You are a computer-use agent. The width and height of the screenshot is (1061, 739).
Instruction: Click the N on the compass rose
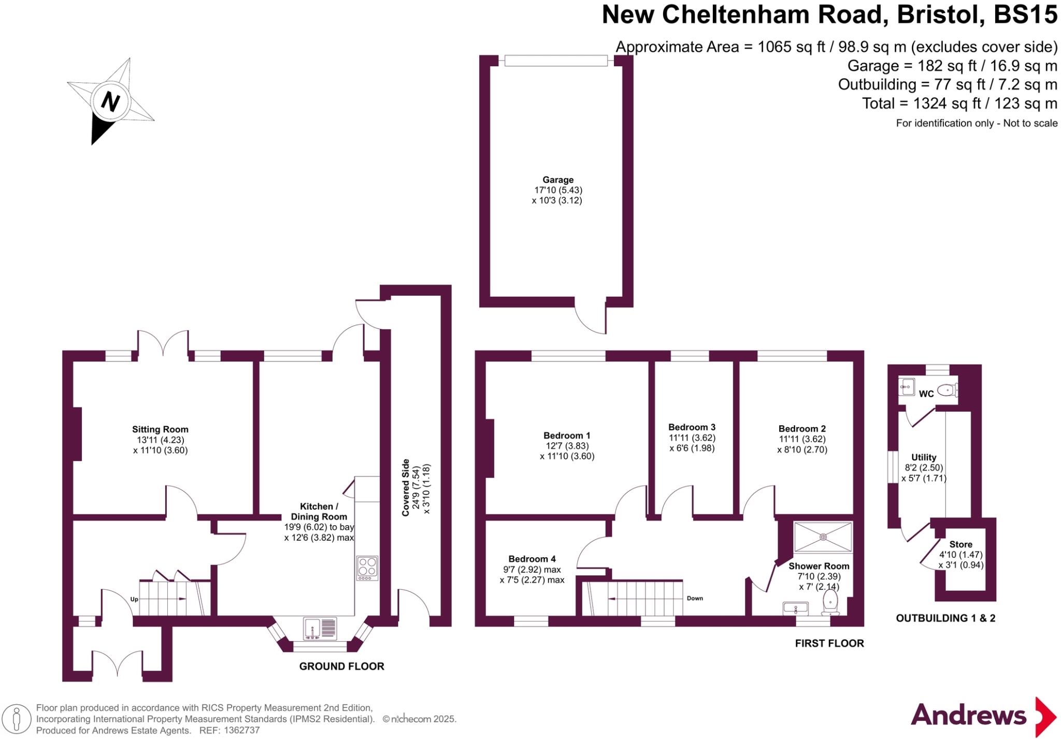pos(110,101)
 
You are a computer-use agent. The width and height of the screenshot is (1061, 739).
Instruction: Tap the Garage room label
pos(557,180)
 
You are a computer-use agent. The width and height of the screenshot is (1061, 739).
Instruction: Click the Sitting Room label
pos(160,429)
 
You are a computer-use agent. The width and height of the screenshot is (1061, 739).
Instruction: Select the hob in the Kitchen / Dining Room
pos(367,568)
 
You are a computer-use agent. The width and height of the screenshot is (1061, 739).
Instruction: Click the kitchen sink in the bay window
pos(320,629)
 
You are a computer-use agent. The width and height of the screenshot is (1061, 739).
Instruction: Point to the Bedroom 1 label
pos(567,436)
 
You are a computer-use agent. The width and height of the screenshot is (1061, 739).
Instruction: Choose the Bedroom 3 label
pos(692,427)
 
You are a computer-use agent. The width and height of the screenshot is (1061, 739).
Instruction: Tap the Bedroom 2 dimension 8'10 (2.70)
pos(802,450)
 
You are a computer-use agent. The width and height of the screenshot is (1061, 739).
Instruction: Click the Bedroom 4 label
pos(532,559)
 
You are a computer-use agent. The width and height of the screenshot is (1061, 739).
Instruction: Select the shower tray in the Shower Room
pos(823,537)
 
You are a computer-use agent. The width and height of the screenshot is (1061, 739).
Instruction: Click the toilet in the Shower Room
pos(830,603)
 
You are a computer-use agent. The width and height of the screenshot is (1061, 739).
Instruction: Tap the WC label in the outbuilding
pos(926,394)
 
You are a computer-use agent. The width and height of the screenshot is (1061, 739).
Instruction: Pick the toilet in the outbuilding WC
pos(947,389)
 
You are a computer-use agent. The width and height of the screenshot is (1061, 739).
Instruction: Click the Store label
pos(960,544)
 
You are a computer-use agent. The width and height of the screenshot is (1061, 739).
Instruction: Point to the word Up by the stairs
pos(134,599)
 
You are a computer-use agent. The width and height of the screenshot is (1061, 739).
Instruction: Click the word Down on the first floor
pos(695,598)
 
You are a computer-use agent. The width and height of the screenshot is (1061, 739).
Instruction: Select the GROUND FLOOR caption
pos(341,666)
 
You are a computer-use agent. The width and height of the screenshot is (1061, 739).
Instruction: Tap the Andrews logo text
pos(968,716)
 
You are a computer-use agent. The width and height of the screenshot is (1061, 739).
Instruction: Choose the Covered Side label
pos(406,487)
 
